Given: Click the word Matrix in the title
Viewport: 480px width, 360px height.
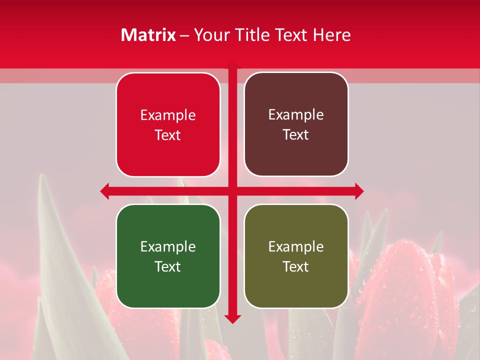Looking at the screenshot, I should tap(148, 35).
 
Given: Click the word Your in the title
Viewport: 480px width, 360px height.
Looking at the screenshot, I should tap(209, 35).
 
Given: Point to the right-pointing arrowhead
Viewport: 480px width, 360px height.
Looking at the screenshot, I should tap(358, 191).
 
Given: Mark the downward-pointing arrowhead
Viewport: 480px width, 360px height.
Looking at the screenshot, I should tap(232, 318).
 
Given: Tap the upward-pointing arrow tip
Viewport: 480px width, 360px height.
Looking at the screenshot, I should tap(232, 63).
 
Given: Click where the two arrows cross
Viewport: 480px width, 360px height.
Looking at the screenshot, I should tap(232, 191).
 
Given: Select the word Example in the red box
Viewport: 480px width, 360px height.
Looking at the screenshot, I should tap(168, 115).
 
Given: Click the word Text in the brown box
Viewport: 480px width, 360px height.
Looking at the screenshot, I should tap(296, 134).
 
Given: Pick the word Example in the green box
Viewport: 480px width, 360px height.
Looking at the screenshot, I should tap(168, 246).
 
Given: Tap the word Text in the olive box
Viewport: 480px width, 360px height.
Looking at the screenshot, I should tap(296, 266).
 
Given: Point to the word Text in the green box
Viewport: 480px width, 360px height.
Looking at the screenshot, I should tap(168, 266).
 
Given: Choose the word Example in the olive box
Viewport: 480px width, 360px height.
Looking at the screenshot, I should tap(296, 246).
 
